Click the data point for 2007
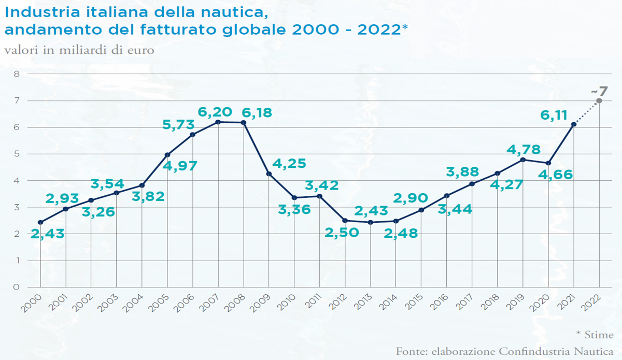(218, 122)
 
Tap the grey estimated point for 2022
(599, 100)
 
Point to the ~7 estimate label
(600, 92)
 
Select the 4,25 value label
(289, 164)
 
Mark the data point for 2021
(574, 124)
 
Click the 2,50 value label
(342, 233)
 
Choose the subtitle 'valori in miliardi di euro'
(79, 51)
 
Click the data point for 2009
(268, 174)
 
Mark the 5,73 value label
(177, 124)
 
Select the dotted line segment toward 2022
(587, 112)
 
